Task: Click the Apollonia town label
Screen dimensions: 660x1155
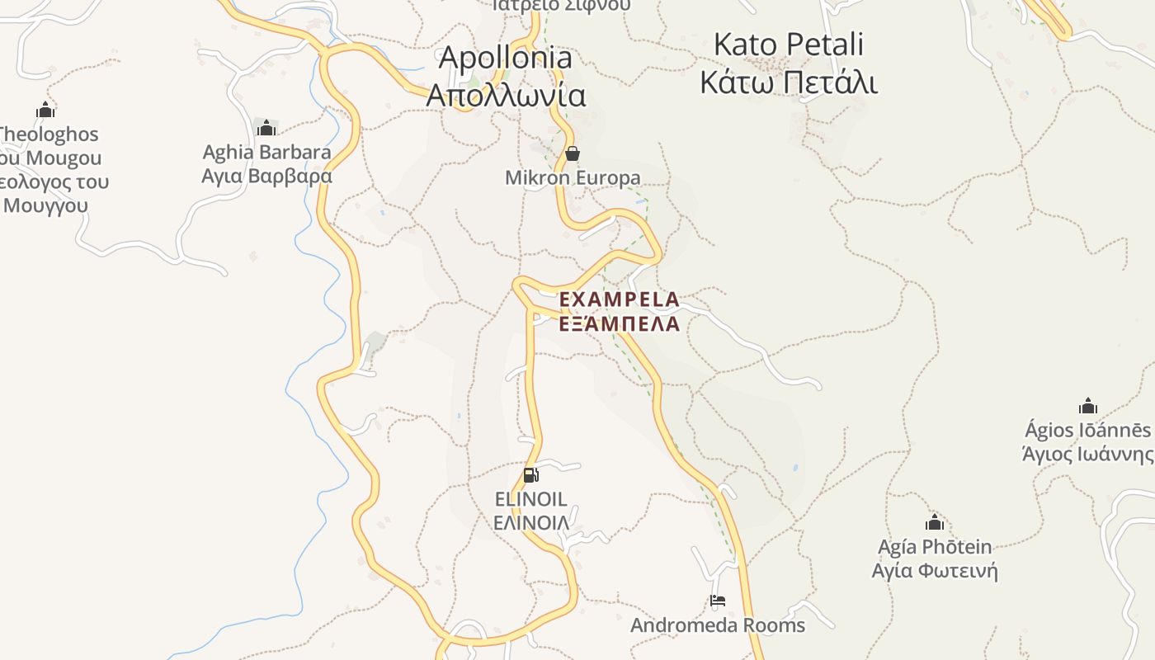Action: [505, 58]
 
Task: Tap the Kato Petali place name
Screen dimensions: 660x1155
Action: [788, 44]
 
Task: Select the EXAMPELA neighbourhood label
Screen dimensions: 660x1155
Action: [620, 299]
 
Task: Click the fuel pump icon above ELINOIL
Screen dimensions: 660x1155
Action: [531, 474]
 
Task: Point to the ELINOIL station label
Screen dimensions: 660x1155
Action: [530, 499]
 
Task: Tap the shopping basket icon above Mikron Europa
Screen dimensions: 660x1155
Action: [572, 154]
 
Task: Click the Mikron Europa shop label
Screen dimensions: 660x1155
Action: [573, 178]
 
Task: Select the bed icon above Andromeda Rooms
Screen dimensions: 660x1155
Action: [718, 601]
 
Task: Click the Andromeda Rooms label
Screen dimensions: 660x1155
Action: [718, 625]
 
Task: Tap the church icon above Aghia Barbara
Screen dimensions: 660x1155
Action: [266, 128]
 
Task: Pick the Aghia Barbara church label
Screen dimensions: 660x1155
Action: [267, 153]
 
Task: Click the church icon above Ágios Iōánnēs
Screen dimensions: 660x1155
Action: [1088, 406]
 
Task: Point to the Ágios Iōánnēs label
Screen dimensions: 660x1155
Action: [1087, 431]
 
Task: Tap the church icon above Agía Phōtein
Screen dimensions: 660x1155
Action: [935, 522]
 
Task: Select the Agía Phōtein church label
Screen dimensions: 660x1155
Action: [935, 547]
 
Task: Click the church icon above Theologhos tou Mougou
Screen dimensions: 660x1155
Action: [45, 110]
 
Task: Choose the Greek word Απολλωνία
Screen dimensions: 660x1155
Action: [506, 96]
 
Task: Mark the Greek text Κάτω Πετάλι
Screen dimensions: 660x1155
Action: [789, 83]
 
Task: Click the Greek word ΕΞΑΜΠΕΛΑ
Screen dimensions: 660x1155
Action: [620, 323]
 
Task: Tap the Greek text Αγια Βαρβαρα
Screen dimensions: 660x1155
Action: [267, 176]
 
